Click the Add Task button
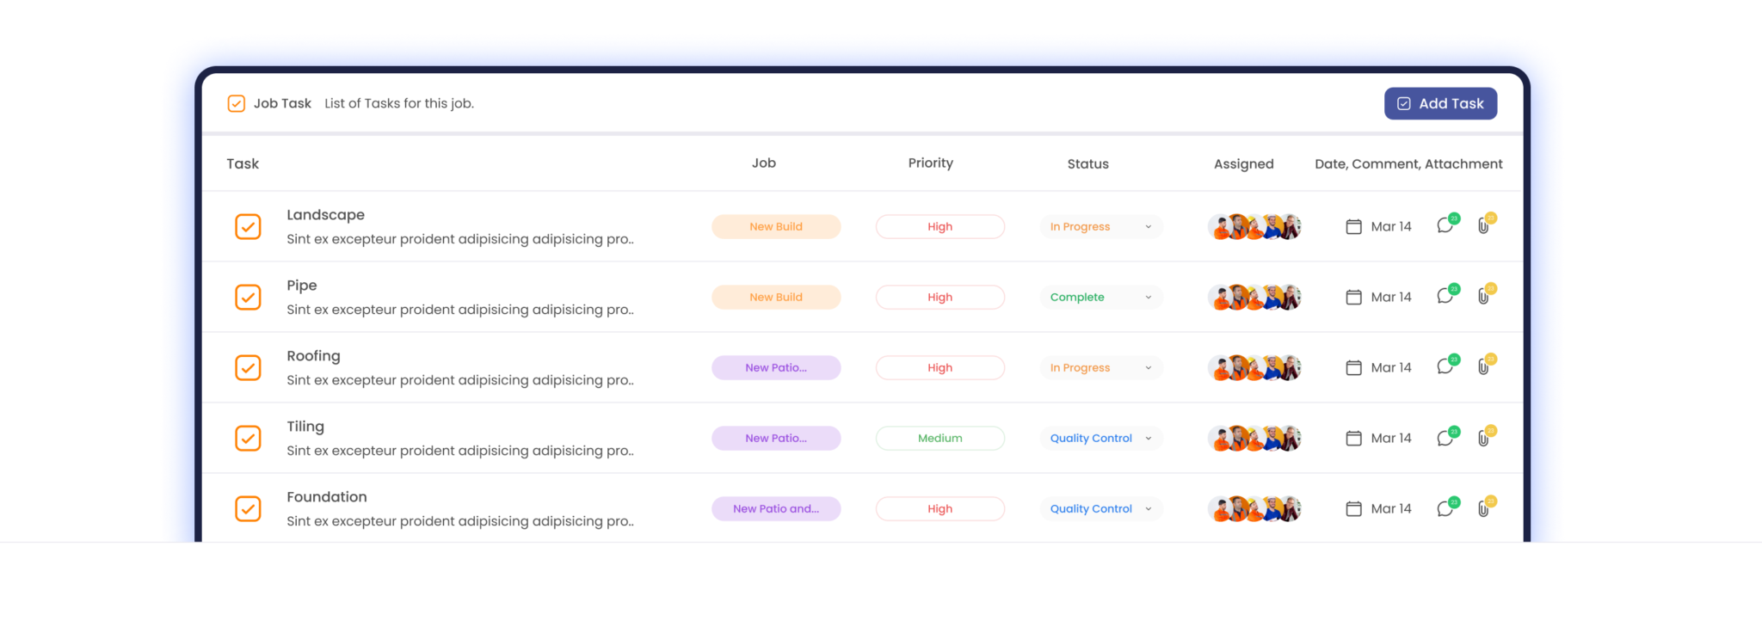pos(1440,103)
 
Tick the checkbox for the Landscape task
pos(248,226)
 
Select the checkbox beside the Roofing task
pos(248,367)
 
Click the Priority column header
pos(931,163)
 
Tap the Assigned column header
pos(1243,163)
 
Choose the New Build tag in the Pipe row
pos(776,297)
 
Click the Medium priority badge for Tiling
pos(940,438)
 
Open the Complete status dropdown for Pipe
pos(1101,297)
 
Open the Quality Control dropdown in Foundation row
pos(1101,508)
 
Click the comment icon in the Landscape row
pos(1445,226)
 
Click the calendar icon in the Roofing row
pos(1353,367)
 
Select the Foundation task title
pos(327,496)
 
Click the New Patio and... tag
pos(776,508)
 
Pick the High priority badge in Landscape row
pos(940,226)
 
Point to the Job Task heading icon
pos(236,103)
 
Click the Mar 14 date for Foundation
pos(1391,508)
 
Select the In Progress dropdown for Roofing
pos(1101,367)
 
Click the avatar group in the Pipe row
pos(1254,297)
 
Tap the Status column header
pos(1087,163)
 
